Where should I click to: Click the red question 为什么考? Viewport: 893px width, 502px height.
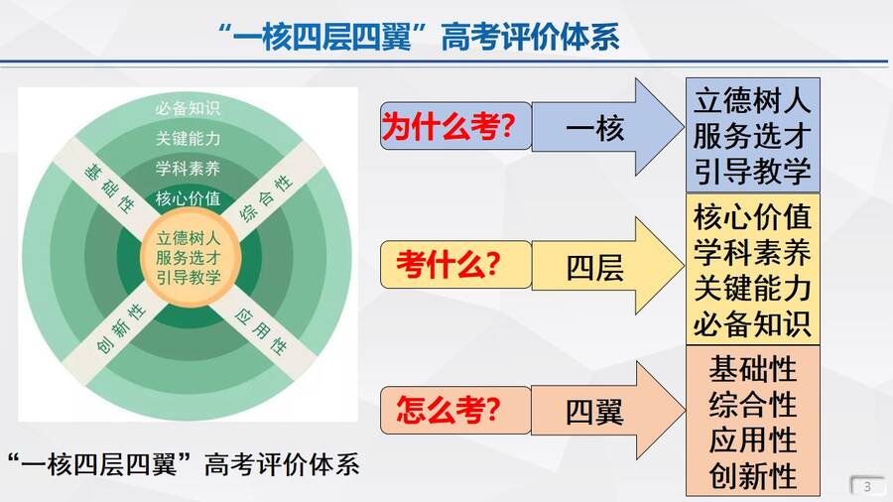click(448, 126)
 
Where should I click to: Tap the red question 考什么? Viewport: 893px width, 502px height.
click(448, 264)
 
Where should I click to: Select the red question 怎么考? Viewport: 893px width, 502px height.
click(448, 409)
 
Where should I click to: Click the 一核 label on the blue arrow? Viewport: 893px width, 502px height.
click(594, 128)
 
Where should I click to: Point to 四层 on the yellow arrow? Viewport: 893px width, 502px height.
click(594, 268)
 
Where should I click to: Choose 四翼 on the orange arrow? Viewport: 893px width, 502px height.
click(594, 412)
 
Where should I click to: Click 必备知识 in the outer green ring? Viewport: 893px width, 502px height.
click(188, 108)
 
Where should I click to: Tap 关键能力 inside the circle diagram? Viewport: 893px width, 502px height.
click(188, 138)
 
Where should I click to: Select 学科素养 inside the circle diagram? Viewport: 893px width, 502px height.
click(188, 169)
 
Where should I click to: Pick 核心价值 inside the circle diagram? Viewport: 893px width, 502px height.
click(188, 198)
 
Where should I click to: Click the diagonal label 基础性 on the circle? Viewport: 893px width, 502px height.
click(110, 188)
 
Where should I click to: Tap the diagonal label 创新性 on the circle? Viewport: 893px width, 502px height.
click(121, 328)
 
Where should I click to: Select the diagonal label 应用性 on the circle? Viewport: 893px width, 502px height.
click(261, 331)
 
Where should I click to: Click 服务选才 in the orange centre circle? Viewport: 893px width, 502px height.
click(189, 257)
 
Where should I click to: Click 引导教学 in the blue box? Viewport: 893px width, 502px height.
click(752, 171)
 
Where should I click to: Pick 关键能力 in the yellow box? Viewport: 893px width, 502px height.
click(752, 288)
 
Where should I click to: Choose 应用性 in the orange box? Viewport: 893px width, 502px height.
click(752, 439)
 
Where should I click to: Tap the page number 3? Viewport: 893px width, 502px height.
click(867, 487)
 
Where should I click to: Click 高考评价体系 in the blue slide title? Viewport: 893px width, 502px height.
click(530, 38)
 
